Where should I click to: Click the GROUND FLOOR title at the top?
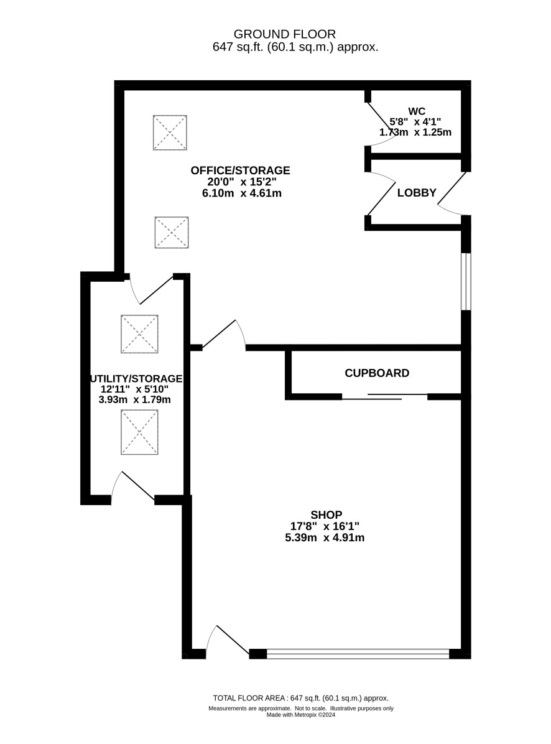[284, 34]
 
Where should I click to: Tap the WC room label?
[416, 111]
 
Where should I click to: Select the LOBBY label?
[417, 193]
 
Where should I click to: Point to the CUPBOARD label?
[377, 373]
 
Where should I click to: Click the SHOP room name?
[326, 515]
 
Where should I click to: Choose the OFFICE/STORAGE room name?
[241, 170]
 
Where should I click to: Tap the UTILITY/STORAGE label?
[137, 379]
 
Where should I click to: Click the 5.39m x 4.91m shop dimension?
[325, 537]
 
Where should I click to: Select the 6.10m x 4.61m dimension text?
[242, 193]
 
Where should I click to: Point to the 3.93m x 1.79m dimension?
[135, 399]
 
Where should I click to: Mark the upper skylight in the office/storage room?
[170, 133]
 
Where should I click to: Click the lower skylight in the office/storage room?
[172, 233]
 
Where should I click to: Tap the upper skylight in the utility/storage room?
[139, 334]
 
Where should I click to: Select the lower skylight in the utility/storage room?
[139, 432]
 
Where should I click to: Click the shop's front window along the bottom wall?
[358, 653]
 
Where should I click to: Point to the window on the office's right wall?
[466, 281]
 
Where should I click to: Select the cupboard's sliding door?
[385, 397]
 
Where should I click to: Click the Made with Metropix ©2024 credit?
[300, 715]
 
